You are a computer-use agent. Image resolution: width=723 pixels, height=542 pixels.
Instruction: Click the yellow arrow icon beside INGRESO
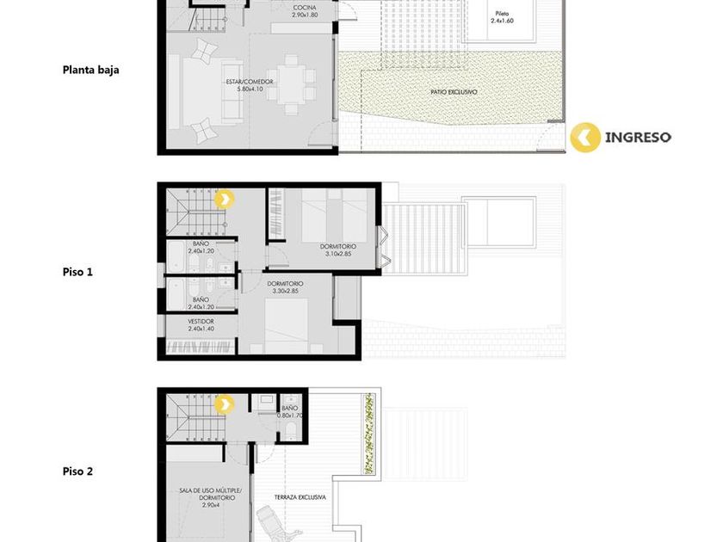point(585,137)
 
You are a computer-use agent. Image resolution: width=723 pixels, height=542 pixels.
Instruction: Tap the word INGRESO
point(638,137)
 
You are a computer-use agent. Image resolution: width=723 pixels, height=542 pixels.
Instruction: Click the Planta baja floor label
point(91,70)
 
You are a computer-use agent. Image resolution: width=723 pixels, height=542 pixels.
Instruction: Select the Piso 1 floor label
point(77,272)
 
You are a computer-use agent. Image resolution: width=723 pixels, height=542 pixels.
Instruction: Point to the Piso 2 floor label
point(77,471)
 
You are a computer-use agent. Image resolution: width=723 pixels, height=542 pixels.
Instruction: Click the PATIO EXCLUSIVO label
point(454,92)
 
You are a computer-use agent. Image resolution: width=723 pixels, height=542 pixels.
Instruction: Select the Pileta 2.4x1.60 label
point(502,17)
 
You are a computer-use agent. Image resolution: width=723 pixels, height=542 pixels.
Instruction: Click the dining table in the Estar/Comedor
point(291,84)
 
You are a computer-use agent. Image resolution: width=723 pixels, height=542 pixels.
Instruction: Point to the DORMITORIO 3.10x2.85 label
point(338,250)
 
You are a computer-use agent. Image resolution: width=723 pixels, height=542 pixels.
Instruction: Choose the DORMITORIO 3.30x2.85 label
point(286,287)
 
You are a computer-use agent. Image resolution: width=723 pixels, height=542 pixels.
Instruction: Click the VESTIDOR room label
point(201,325)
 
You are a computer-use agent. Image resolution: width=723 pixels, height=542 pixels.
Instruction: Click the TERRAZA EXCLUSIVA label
point(300,497)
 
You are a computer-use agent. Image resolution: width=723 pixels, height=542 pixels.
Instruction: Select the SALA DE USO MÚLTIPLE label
point(210,494)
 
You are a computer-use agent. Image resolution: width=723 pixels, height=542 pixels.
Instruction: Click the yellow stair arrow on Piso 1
point(225,200)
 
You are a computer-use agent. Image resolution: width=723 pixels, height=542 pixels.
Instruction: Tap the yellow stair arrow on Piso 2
point(225,404)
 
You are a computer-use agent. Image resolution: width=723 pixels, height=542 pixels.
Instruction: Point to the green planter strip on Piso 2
point(369,434)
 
